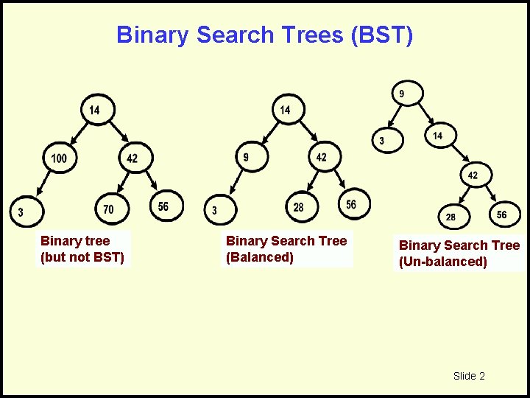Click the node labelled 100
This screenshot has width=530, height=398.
click(59, 158)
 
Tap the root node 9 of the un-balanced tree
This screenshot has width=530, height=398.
click(401, 94)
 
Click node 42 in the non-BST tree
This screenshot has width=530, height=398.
click(132, 158)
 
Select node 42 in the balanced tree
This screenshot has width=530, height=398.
click(322, 157)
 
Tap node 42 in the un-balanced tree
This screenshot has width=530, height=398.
click(473, 175)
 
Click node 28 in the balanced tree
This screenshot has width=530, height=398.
click(298, 207)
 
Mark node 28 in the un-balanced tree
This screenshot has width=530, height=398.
click(451, 217)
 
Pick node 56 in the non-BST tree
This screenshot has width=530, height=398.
click(163, 206)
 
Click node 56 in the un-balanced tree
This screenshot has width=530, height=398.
click(501, 214)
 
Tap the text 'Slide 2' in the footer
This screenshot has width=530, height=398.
click(469, 376)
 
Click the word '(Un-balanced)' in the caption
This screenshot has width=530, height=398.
click(443, 262)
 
